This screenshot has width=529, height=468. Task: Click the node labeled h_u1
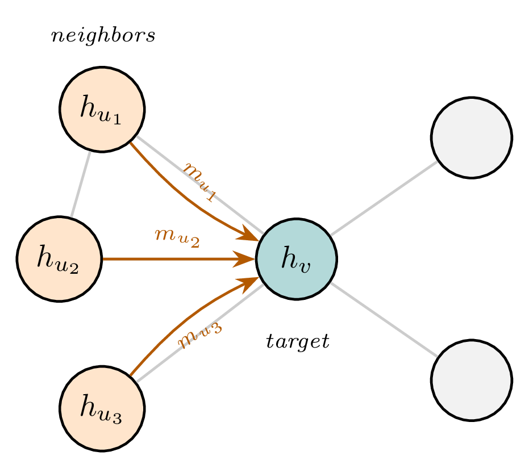pyautogui.click(x=102, y=109)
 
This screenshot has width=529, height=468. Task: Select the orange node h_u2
pyautogui.click(x=59, y=258)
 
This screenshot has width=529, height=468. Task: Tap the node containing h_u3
pyautogui.click(x=102, y=408)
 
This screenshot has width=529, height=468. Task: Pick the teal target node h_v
pyautogui.click(x=297, y=259)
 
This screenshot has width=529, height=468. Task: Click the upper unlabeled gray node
pyautogui.click(x=472, y=137)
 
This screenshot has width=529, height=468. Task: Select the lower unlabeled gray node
pyautogui.click(x=472, y=379)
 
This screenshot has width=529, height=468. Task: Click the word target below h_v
pyautogui.click(x=298, y=341)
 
